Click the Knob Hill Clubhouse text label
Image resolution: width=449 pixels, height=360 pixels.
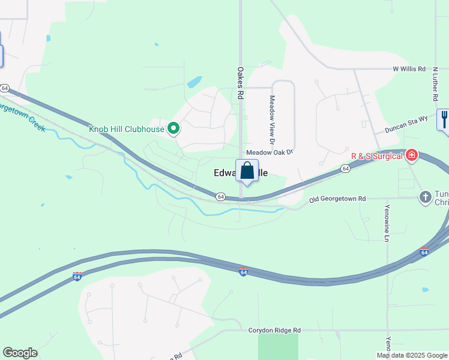pos(127,129)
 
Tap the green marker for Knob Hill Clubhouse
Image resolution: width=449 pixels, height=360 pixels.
pos(174,128)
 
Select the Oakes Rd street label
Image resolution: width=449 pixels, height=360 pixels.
pos(240,83)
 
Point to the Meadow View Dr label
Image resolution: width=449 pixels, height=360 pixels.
pos(272,120)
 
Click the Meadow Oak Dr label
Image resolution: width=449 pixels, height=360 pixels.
pos(269,153)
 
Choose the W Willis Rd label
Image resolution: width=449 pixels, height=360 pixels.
pos(409,69)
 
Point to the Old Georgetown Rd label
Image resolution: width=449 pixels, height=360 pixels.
pos(337,199)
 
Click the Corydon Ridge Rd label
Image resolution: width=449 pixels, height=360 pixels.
pos(274,330)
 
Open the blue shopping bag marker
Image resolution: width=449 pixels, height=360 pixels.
pos(247,171)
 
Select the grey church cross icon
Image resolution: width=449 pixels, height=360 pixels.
pos(426,196)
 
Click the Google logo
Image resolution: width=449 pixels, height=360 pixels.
pos(20,353)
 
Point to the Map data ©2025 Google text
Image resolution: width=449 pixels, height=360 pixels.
pos(412,355)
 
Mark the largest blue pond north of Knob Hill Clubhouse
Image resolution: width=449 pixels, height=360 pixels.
pos(194,82)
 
